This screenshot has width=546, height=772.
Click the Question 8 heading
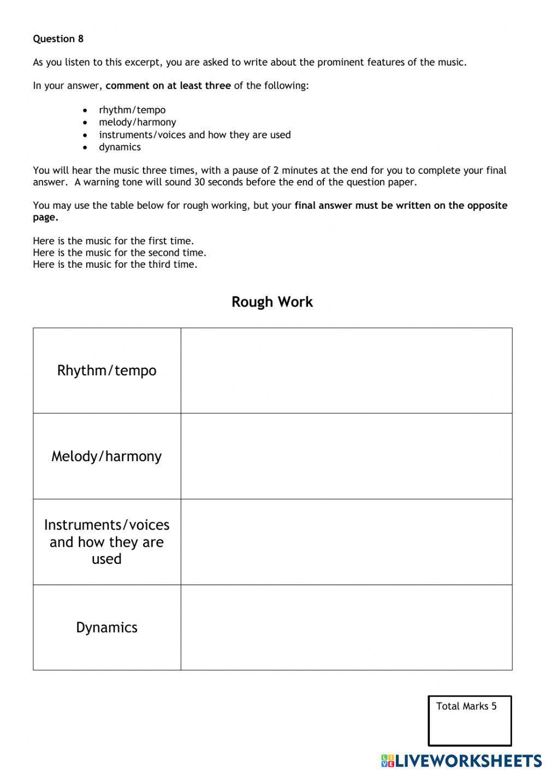click(58, 39)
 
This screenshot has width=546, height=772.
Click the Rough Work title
click(272, 302)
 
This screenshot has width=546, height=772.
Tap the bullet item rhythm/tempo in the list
click(132, 110)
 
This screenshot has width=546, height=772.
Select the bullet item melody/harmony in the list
click(137, 122)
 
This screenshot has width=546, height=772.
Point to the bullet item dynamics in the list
click(120, 147)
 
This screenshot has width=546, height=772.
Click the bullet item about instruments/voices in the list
click(194, 134)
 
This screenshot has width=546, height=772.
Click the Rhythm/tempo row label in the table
click(106, 370)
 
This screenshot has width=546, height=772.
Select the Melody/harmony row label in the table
click(106, 456)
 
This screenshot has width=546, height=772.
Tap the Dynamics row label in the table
click(106, 627)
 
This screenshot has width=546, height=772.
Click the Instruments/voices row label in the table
click(106, 541)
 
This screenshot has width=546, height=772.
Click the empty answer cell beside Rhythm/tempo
click(346, 370)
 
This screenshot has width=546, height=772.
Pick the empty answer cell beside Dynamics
click(346, 627)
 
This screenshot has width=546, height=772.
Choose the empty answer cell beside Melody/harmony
click(346, 456)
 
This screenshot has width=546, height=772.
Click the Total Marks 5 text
click(466, 706)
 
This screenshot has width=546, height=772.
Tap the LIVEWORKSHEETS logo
click(461, 761)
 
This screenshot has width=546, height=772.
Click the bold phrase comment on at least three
click(168, 86)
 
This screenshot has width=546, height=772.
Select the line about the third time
click(115, 264)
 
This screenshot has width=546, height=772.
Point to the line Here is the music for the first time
click(113, 241)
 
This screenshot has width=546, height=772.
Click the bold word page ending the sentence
click(45, 217)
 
